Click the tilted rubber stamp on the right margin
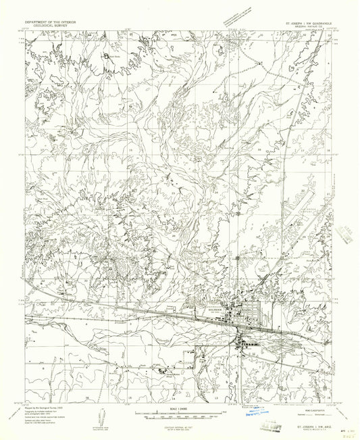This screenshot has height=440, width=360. tap(349, 236)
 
